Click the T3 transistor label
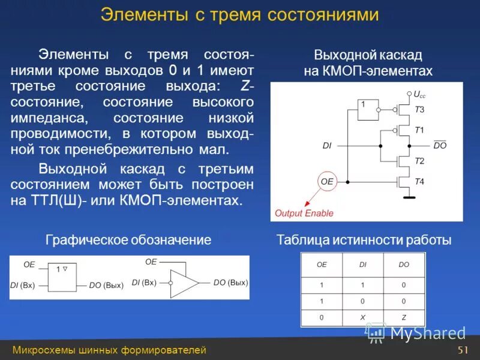pos(419,110)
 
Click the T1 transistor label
pos(419,130)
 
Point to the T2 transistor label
pos(419,161)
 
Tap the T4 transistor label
pos(419,181)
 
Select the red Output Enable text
pos(304,213)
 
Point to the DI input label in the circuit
pos(327,145)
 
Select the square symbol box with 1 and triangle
pos(62,277)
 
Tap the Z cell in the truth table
pos(404,318)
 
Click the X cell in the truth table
pos(363,318)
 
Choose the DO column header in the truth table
pos(404,264)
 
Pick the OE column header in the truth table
pos(322,264)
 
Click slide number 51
pos(462,350)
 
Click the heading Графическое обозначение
pos(128,241)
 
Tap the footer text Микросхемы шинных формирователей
pos(109,350)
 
